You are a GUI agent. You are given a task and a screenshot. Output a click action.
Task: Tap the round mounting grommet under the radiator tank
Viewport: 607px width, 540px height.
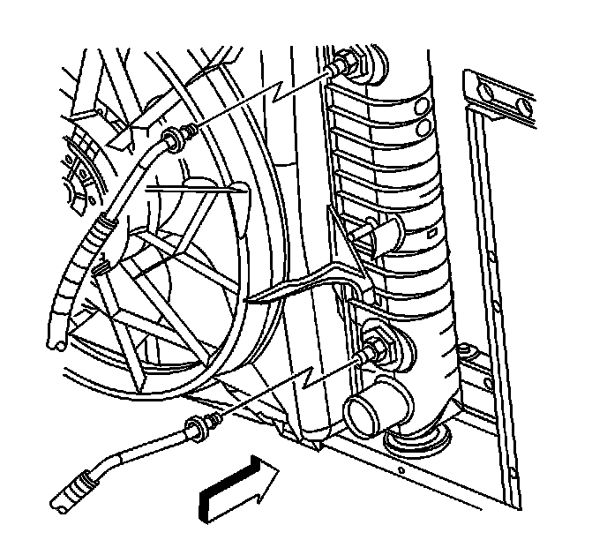[416, 438]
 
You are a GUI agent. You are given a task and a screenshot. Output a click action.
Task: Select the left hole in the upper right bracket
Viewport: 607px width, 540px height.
[487, 91]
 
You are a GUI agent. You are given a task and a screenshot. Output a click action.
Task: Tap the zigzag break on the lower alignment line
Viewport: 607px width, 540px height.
[307, 382]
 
